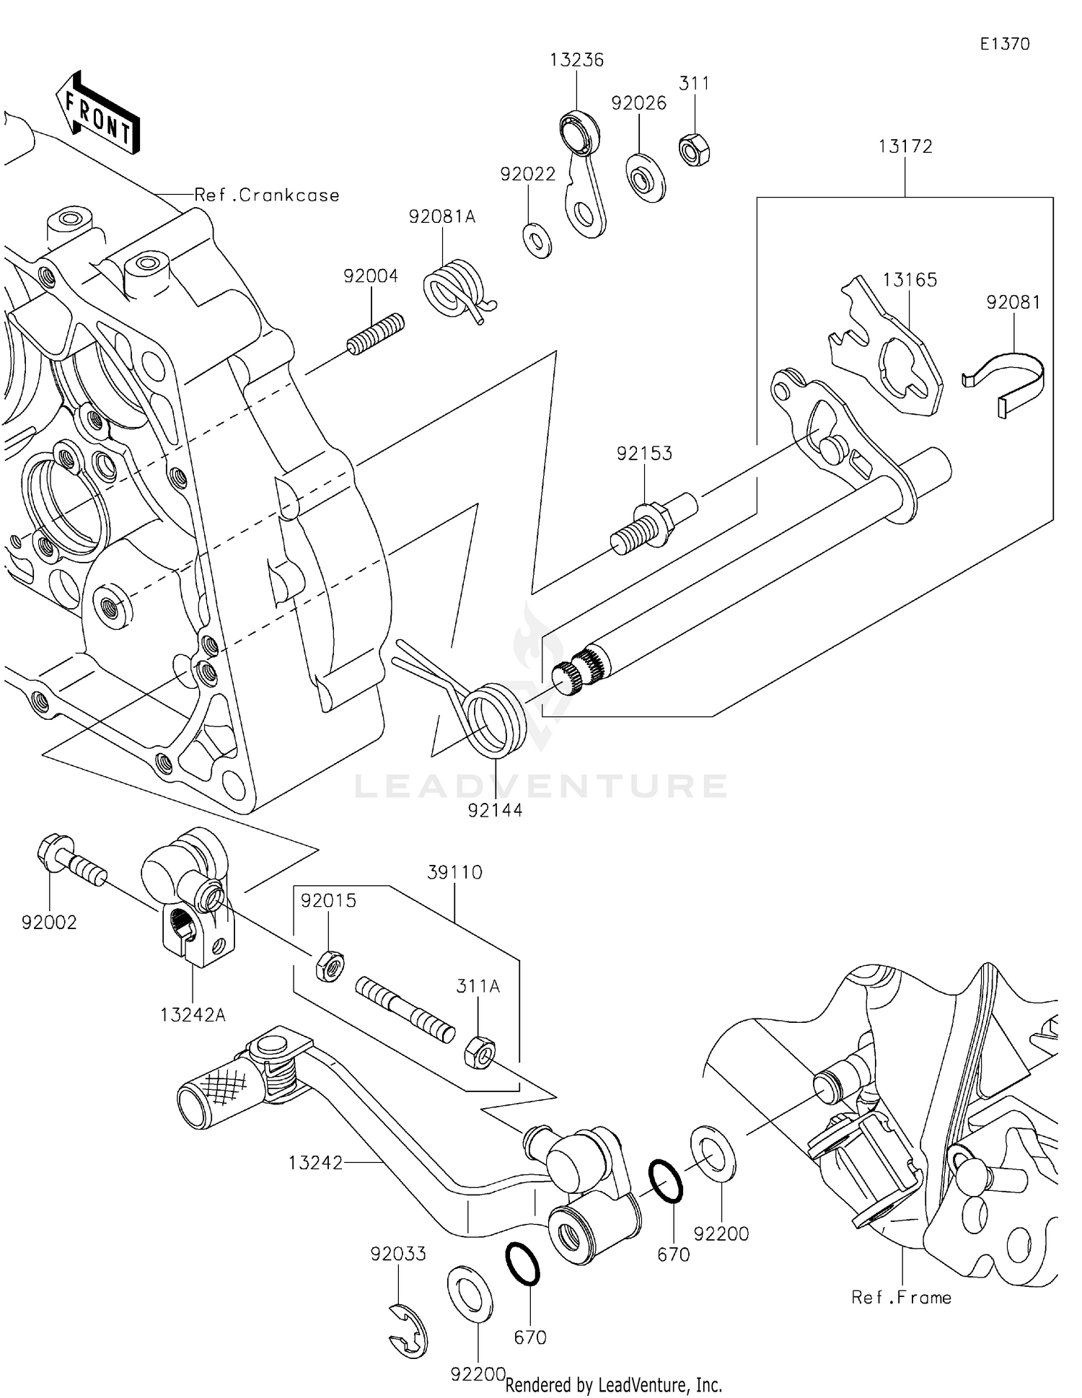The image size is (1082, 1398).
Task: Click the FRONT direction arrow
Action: (x=98, y=114)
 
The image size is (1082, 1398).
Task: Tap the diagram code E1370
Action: (x=1004, y=44)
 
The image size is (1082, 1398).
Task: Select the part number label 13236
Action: (x=576, y=60)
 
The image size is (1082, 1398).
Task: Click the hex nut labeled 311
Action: (x=695, y=150)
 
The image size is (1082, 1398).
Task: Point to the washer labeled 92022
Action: (x=537, y=240)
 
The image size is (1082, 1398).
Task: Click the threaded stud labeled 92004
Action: (x=375, y=334)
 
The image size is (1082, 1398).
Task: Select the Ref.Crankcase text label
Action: (x=267, y=195)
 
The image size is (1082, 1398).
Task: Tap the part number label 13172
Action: (x=905, y=146)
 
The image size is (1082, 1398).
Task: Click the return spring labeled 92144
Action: (x=495, y=720)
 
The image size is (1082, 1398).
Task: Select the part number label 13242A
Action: (x=193, y=1015)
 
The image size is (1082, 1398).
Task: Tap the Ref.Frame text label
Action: (x=901, y=1298)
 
